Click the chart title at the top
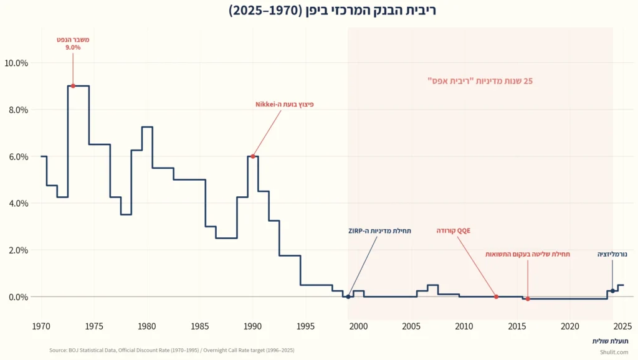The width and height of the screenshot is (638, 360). [x=319, y=11]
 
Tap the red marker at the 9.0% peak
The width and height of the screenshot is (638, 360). [x=73, y=86]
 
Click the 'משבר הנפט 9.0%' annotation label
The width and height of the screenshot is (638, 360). [x=73, y=43]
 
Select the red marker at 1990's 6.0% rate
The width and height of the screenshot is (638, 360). [x=252, y=156]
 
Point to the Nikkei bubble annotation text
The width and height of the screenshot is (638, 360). [x=284, y=105]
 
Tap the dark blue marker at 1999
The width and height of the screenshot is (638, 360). [x=348, y=296]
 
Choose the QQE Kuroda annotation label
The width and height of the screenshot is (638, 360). [x=454, y=230]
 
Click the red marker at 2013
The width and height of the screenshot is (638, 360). [x=496, y=296]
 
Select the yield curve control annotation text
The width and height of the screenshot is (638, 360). [x=528, y=254]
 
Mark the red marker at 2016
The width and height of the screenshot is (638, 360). [x=528, y=299]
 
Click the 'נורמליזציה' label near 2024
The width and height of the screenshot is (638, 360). [x=612, y=254]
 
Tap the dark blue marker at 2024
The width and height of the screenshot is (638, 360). [x=612, y=291]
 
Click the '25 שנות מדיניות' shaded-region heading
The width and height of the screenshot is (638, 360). [x=480, y=81]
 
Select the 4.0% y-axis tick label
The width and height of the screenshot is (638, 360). [x=17, y=203]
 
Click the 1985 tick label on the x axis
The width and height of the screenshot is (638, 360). [x=200, y=326]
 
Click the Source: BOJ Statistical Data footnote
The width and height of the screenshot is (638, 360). [x=171, y=351]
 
